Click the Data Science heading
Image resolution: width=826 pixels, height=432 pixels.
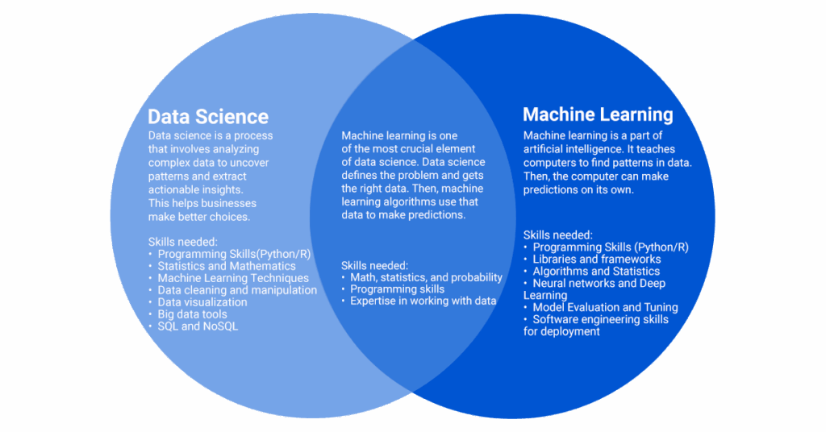[208, 116]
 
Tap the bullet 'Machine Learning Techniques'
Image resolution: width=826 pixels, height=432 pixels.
[233, 278]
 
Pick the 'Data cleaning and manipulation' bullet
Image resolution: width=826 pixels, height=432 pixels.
[237, 290]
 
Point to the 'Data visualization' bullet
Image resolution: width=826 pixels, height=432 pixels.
[202, 302]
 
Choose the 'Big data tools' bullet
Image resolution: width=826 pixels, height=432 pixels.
[192, 314]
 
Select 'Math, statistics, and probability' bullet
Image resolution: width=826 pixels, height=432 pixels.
[426, 277]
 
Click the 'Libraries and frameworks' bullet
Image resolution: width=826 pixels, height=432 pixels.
[597, 260]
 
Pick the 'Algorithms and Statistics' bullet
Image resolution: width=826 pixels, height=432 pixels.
[596, 272]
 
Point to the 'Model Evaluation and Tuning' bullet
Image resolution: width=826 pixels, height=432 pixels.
[605, 307]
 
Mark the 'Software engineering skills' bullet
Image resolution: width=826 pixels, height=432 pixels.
[600, 319]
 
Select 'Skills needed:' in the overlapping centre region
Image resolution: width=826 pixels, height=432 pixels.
[374, 265]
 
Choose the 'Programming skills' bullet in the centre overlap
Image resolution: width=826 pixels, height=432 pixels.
[397, 289]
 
